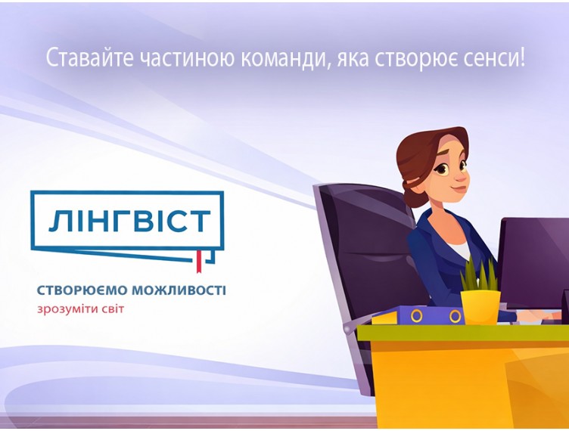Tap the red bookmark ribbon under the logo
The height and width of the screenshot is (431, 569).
[199, 261]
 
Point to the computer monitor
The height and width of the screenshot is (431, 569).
[534, 261]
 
